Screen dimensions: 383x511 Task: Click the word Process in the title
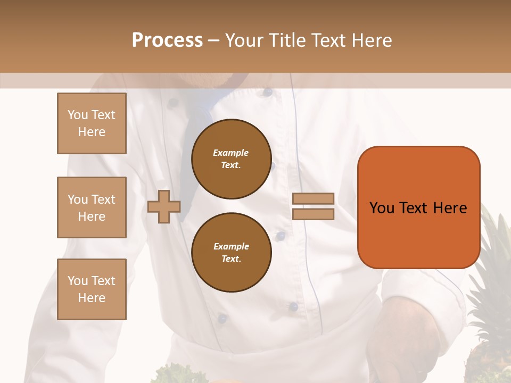coord(167,40)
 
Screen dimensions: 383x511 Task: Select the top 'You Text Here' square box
coord(92,123)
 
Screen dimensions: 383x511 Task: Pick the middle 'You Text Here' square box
coord(92,207)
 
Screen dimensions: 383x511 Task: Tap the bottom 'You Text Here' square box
coord(92,289)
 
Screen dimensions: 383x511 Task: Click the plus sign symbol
coord(163,206)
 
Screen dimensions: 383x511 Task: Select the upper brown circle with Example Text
coord(231,159)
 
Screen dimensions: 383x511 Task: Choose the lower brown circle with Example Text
coord(231,253)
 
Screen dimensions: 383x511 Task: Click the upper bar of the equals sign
coord(313,198)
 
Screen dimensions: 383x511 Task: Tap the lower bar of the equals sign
coord(313,214)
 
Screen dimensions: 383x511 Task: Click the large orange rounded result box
coord(418,207)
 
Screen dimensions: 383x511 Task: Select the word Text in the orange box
coord(417,208)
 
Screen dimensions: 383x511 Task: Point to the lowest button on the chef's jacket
coord(222,319)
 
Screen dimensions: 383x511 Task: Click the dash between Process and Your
coord(213,40)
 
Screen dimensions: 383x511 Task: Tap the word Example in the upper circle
coord(231,153)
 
